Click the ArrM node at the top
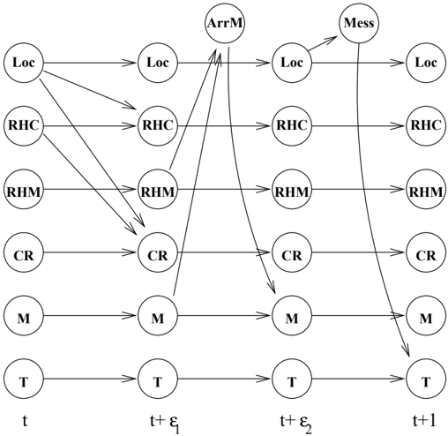225,23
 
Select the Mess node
359,23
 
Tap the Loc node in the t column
24,63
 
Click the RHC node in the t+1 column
426,126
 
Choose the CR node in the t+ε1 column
158,252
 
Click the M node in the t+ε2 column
292,316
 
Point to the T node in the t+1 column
426,379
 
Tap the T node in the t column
24,379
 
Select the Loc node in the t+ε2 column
292,63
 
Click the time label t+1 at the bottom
424,421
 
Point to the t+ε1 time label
164,423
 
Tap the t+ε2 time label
296,423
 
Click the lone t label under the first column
25,421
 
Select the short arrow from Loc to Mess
323,43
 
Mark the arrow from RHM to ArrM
193,109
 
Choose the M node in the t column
24,316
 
